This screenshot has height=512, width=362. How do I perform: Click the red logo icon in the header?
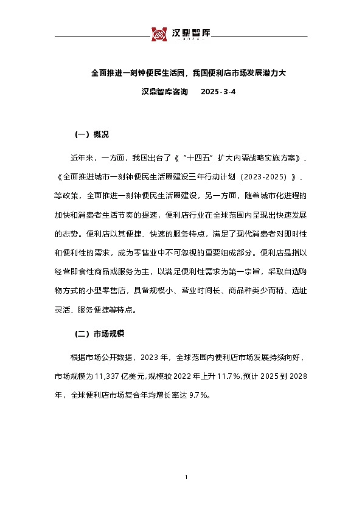(159, 35)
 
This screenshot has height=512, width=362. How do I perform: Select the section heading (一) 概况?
(91, 134)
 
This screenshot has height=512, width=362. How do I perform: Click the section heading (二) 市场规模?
(100, 334)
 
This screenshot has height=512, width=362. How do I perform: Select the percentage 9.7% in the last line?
(198, 395)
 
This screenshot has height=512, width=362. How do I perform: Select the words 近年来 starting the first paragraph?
(82, 157)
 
